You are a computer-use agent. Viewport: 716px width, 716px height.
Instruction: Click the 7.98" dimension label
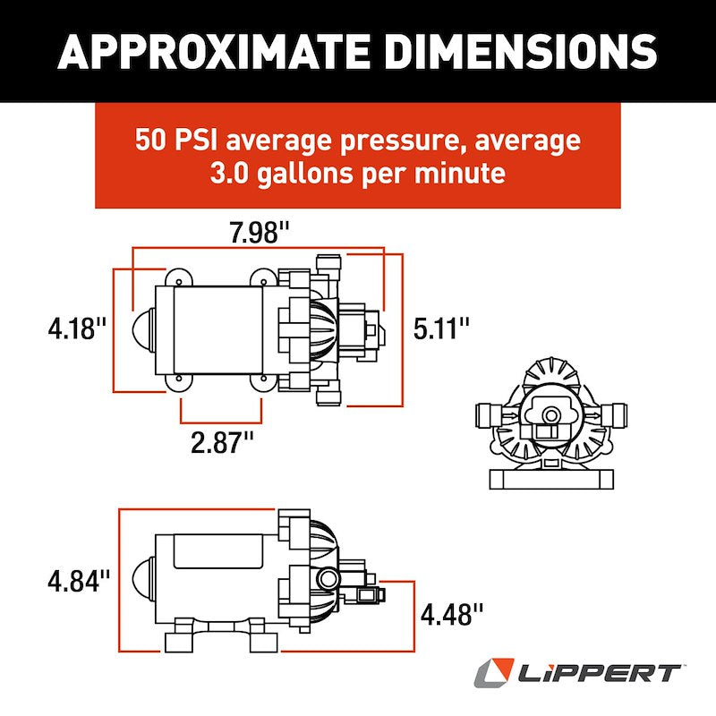click(260, 234)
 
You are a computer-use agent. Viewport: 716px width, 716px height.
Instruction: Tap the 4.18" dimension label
click(78, 328)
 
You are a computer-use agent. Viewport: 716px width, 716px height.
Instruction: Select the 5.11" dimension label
click(441, 328)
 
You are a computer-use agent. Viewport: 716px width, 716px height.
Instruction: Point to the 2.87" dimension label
click(223, 442)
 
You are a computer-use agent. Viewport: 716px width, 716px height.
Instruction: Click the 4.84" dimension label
click(78, 581)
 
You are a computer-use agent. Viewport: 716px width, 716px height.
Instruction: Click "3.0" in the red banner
click(234, 173)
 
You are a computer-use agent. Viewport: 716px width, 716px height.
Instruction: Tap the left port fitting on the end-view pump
click(487, 414)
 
